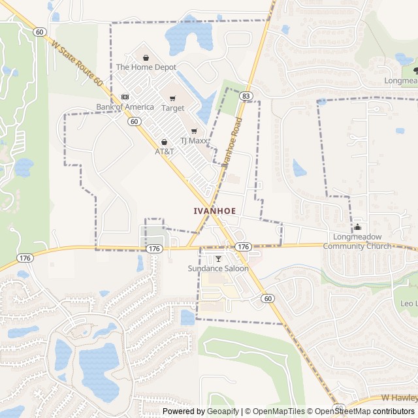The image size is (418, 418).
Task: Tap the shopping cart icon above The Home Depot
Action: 146,57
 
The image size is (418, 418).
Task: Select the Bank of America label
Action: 125,106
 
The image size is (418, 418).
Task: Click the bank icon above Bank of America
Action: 125,97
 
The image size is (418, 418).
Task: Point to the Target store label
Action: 173,108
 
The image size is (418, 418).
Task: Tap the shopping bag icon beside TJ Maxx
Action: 194,131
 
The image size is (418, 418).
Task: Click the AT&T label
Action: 165,152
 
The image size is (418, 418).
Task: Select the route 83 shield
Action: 246,95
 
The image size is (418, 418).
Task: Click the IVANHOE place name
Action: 214,211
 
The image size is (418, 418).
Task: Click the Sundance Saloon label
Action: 218,268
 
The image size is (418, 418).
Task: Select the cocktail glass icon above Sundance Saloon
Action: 218,259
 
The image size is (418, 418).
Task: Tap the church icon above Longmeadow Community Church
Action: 357,227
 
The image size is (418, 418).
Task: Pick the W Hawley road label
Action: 399,398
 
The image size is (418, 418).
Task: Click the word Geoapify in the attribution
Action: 223,411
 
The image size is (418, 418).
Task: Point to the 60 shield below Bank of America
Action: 134,121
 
